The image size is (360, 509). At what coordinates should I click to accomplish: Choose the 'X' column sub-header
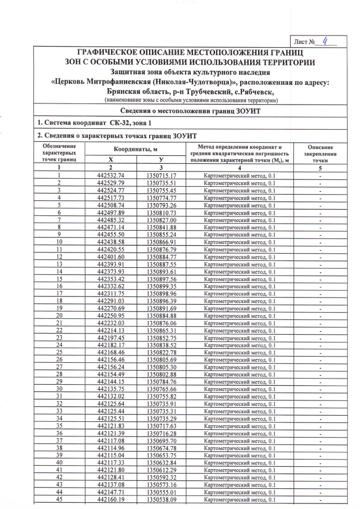click(110, 160)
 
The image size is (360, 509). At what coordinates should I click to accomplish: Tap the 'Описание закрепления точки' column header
click(319, 153)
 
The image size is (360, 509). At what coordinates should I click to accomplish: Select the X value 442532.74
click(110, 176)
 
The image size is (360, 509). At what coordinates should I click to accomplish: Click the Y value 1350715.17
click(161, 176)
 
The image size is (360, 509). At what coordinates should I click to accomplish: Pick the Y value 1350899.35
click(161, 286)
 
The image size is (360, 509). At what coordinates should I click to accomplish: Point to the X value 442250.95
click(110, 316)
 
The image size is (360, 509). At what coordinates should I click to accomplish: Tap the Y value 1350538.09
click(161, 499)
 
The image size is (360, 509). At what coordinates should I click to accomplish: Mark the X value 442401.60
click(110, 257)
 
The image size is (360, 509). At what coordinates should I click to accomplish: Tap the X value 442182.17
click(110, 345)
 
